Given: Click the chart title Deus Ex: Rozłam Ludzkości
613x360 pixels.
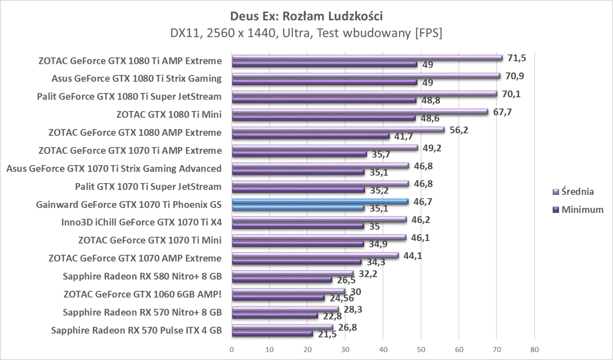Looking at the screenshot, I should [x=306, y=17].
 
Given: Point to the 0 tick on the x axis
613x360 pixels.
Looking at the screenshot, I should [x=232, y=350].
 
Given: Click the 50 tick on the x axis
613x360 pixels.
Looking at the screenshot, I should [x=421, y=350].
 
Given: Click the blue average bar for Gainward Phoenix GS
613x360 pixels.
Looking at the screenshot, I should [x=320, y=201].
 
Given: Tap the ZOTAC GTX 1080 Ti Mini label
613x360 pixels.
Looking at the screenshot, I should [x=169, y=115].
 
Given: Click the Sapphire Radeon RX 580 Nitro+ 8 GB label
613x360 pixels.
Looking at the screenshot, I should [x=142, y=276].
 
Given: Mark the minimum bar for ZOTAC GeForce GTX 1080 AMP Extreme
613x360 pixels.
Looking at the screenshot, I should [x=310, y=136].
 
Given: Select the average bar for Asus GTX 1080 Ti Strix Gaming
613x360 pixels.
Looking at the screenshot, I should [x=366, y=76].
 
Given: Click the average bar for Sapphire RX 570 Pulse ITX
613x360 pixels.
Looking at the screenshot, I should [x=282, y=327].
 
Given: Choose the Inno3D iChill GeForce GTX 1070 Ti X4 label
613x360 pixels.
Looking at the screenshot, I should [x=141, y=222].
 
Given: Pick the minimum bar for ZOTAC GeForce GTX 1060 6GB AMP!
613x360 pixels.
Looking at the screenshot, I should [x=278, y=298].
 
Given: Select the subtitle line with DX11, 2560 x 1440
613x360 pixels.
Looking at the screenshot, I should [x=306, y=33].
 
